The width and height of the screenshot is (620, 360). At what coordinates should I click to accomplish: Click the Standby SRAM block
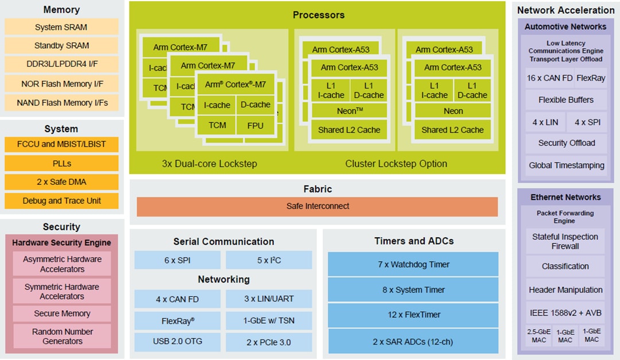[x=61, y=45]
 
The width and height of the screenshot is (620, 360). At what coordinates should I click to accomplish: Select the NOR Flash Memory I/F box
[x=61, y=84]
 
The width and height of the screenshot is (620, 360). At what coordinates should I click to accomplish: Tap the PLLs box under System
[x=61, y=163]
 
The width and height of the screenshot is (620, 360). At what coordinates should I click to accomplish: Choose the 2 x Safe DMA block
[x=61, y=182]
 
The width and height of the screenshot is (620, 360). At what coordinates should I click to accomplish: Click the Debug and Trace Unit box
[x=61, y=201]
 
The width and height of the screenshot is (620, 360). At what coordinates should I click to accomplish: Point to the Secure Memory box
[x=62, y=313]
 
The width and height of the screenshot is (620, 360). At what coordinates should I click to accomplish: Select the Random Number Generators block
[x=62, y=336]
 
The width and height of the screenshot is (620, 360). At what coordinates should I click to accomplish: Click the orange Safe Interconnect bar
[x=317, y=206]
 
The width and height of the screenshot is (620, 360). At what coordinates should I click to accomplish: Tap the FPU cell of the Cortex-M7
[x=255, y=125]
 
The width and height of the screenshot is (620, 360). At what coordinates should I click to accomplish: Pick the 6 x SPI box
[x=177, y=260]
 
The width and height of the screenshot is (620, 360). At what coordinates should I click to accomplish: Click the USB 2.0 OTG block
[x=177, y=342]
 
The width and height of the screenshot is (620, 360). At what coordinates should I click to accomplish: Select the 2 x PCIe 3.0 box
[x=269, y=342]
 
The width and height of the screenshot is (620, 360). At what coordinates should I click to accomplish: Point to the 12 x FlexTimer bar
[x=413, y=315]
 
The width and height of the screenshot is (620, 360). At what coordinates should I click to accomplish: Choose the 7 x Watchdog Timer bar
[x=413, y=265]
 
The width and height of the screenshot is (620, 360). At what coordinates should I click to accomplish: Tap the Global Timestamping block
[x=566, y=165]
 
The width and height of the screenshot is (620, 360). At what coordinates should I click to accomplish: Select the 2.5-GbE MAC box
[x=538, y=336]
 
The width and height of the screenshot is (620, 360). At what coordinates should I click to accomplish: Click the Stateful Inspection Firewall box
[x=565, y=242]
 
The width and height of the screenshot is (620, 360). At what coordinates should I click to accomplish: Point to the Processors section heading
[x=319, y=15]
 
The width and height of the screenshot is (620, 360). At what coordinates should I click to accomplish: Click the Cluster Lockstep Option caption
[x=396, y=164]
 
